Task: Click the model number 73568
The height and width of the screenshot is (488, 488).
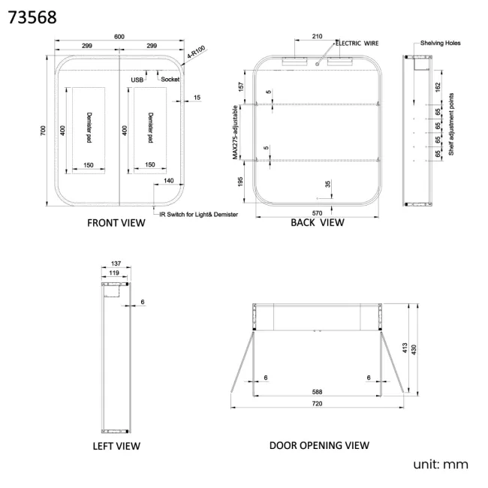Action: [32, 17]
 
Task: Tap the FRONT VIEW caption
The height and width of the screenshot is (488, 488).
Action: [116, 223]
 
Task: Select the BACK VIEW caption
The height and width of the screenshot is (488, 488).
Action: [318, 222]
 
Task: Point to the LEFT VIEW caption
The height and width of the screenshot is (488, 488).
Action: [116, 446]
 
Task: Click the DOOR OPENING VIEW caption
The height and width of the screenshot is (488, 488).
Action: [319, 445]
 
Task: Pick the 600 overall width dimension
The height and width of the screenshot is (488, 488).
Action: [119, 37]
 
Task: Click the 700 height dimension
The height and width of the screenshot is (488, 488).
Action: [43, 131]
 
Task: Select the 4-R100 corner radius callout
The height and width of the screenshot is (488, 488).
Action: [196, 52]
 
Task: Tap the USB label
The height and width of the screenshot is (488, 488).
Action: [137, 80]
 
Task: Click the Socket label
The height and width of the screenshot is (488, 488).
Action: [170, 80]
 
